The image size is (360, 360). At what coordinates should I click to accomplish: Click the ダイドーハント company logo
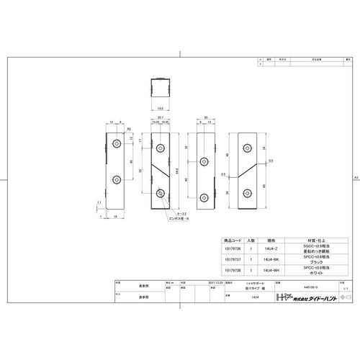295,296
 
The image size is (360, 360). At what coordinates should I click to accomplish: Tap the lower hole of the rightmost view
248,192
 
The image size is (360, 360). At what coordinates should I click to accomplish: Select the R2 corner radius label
129,130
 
